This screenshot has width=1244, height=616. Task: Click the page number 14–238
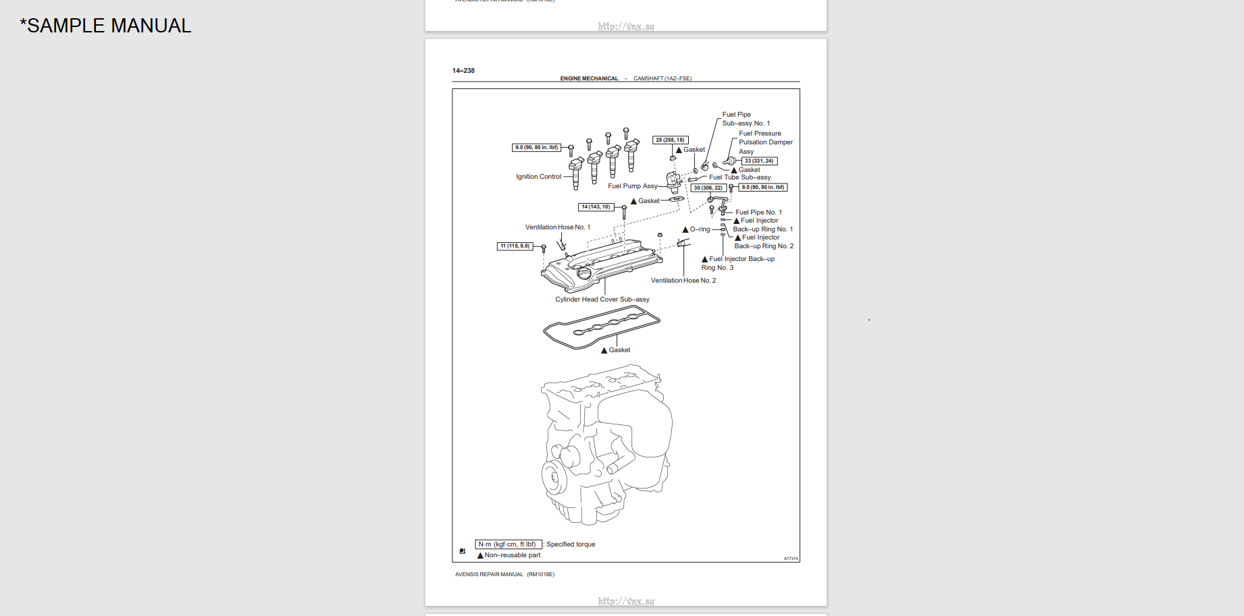[463, 71]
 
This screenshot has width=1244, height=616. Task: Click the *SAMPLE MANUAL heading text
[106, 26]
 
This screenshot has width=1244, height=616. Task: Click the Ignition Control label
[538, 177]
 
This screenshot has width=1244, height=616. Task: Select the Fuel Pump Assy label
[632, 186]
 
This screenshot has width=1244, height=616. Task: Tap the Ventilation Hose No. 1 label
[557, 227]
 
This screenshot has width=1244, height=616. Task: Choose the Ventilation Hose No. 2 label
[683, 281]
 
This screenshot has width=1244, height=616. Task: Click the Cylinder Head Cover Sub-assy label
[602, 300]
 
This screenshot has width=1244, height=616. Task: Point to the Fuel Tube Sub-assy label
[740, 177]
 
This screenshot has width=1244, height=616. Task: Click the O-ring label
[700, 229]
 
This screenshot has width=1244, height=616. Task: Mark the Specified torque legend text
[571, 544]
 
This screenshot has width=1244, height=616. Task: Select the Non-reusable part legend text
[512, 555]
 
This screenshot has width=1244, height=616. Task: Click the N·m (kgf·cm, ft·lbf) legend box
[507, 544]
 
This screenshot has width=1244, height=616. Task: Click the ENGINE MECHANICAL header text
[589, 79]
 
